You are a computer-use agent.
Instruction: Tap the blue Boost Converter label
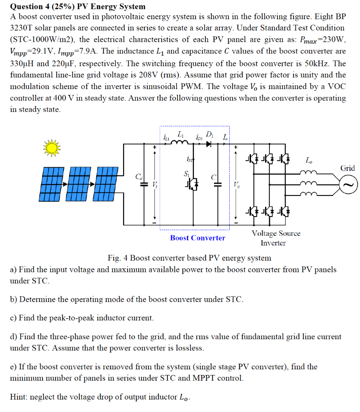pyautogui.click(x=197, y=238)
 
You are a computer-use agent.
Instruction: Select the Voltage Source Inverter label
pyautogui.click(x=276, y=238)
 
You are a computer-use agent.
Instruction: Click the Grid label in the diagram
pyautogui.click(x=348, y=168)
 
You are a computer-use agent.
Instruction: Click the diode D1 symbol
pyautogui.click(x=209, y=144)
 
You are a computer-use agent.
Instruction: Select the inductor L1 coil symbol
pyautogui.click(x=180, y=143)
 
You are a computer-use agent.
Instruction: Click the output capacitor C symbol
pyautogui.click(x=218, y=184)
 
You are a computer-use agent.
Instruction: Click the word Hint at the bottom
pyautogui.click(x=18, y=397)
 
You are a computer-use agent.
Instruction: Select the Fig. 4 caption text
pyautogui.click(x=189, y=257)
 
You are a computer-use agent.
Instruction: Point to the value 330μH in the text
pyautogui.click(x=24, y=63)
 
